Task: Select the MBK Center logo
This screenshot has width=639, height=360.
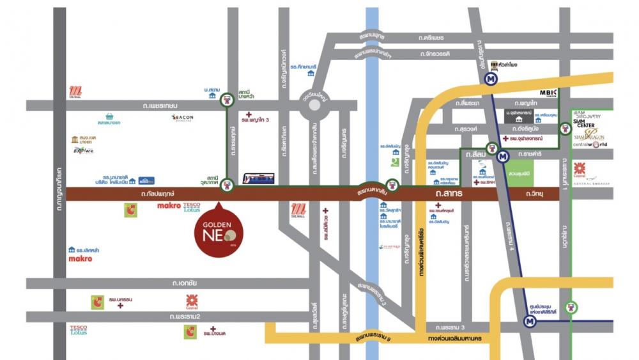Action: [549, 95]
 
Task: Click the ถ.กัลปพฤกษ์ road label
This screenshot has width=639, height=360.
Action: [157, 193]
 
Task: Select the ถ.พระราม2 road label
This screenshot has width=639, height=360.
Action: [186, 317]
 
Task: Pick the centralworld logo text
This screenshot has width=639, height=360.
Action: [590, 146]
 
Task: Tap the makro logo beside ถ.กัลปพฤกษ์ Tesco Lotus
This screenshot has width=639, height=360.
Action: [169, 205]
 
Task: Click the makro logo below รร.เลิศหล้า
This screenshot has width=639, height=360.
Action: [80, 259]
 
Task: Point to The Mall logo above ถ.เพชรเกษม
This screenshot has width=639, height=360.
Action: [75, 92]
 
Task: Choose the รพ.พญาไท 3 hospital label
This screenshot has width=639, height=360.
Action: [257, 120]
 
